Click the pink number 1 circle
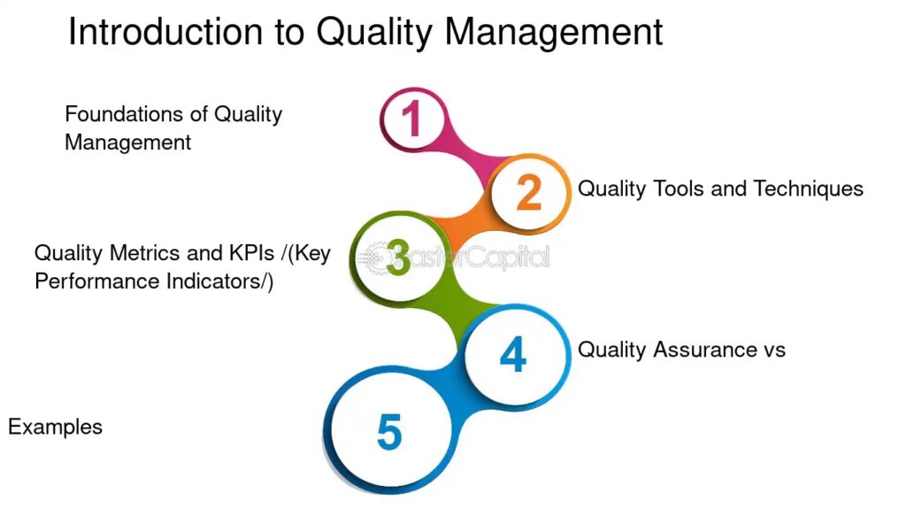[412, 119]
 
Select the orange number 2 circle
[529, 193]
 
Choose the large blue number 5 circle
[389, 431]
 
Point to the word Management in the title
[554, 34]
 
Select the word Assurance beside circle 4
[705, 350]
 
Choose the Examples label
[56, 427]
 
